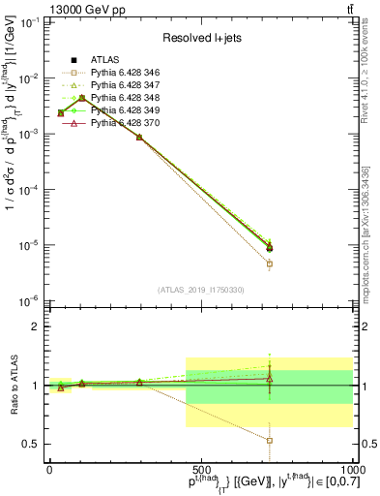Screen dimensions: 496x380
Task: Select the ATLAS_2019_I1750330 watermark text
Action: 200,290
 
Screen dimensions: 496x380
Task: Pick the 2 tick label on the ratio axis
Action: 37,326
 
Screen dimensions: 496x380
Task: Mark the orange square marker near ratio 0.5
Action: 270,440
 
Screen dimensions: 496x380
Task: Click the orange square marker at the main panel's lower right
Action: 270,263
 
